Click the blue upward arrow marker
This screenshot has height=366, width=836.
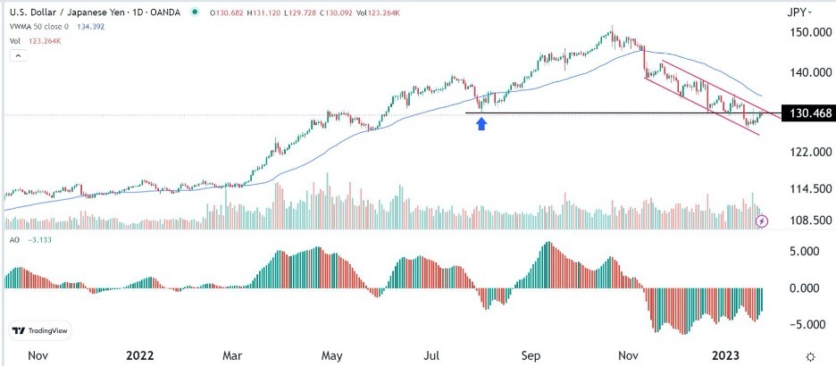pos(482,124)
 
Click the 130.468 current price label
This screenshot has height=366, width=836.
pos(807,114)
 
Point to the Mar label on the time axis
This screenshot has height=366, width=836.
pos(232,355)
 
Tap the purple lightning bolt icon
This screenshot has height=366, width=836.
pos(761,220)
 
